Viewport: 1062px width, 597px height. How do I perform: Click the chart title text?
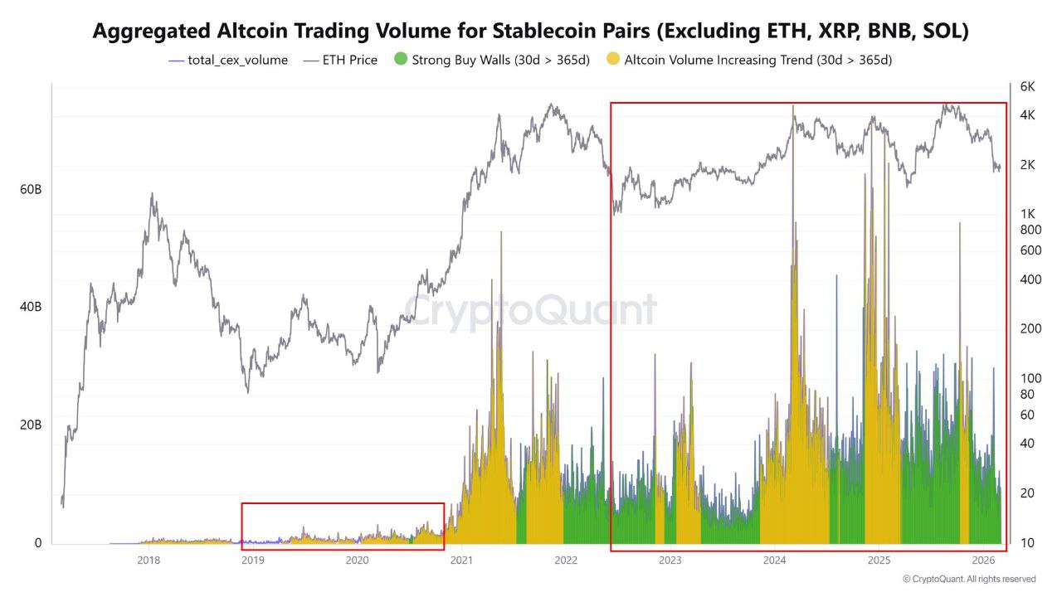530,32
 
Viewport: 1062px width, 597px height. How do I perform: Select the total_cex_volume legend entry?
228,60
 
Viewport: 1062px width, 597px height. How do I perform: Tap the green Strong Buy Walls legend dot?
402,60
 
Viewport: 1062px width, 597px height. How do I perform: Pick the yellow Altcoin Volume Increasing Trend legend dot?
613,60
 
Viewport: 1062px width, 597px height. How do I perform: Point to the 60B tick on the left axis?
31,190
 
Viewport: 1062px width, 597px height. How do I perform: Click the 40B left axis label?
31,307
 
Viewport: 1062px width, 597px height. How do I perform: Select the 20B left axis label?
31,425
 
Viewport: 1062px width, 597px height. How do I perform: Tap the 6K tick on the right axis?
1027,86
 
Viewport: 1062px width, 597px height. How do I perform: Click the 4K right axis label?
1027,115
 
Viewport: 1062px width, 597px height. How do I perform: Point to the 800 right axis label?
1030,230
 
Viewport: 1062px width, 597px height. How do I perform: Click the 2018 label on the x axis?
149,561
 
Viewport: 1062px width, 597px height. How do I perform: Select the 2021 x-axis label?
461,561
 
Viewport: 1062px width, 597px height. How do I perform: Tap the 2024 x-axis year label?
775,561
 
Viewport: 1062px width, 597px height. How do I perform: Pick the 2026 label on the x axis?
983,561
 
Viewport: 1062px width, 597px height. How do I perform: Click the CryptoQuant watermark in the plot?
530,312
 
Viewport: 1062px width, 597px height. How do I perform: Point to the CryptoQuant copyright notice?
968,579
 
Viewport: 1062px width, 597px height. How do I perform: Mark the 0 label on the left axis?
37,543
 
